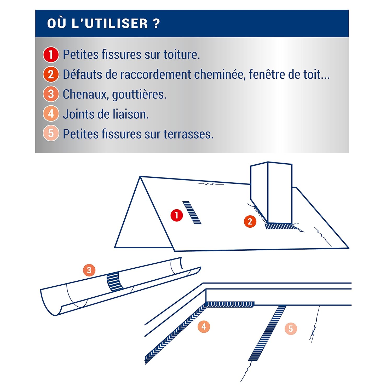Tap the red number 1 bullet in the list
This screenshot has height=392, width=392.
pyautogui.click(x=51, y=55)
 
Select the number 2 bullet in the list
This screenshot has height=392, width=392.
pyautogui.click(x=51, y=74)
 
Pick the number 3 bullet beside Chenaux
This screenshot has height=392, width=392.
pyautogui.click(x=51, y=94)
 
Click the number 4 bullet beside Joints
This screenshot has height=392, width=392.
pyautogui.click(x=51, y=114)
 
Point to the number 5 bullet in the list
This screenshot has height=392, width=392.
pyautogui.click(x=51, y=134)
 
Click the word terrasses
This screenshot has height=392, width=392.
pyautogui.click(x=188, y=134)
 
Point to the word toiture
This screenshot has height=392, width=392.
pyautogui.click(x=182, y=55)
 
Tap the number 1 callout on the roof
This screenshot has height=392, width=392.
pyautogui.click(x=177, y=215)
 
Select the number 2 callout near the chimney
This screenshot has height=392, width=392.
pyautogui.click(x=250, y=222)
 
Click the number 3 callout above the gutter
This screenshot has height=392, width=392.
pyautogui.click(x=89, y=270)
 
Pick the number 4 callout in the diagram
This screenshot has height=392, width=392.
pyautogui.click(x=204, y=326)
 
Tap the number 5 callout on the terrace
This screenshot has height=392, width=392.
pyautogui.click(x=291, y=328)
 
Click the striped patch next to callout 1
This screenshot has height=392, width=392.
pyautogui.click(x=192, y=212)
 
